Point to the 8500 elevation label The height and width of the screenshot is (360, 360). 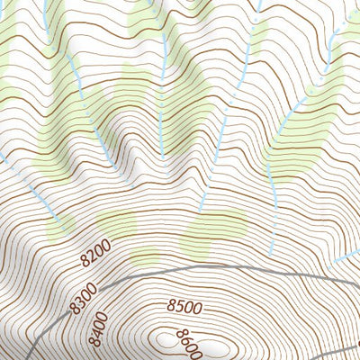(x=184, y=307)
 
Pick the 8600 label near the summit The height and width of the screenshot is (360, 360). (x=187, y=343)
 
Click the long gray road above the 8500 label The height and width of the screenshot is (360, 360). (x=225, y=267)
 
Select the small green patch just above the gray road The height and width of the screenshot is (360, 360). (x=144, y=260)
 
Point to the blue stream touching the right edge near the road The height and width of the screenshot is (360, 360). (x=346, y=254)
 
